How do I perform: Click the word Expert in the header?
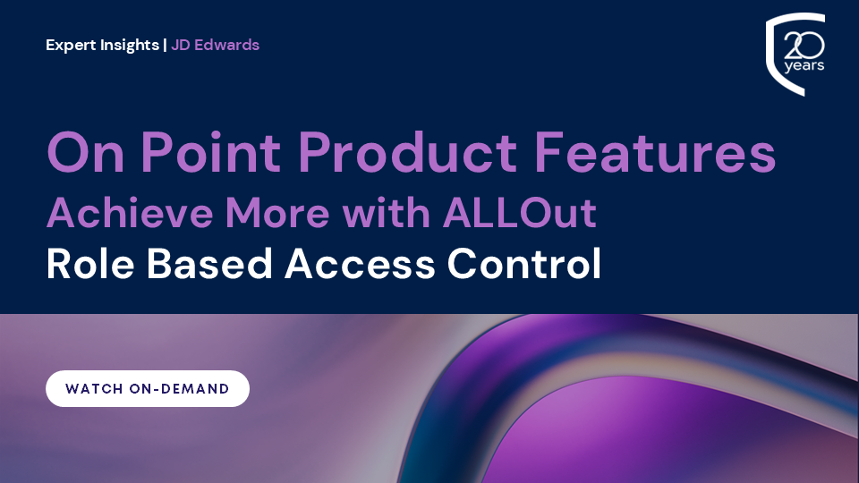(70, 46)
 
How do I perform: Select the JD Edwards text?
(216, 45)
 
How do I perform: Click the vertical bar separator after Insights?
(165, 45)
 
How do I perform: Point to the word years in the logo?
(804, 66)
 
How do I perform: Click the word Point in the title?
(211, 152)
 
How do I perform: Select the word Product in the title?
(407, 152)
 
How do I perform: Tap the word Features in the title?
(655, 152)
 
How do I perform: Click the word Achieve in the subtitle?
(130, 213)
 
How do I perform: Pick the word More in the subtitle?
(277, 213)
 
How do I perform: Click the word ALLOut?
(520, 213)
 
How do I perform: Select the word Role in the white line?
(90, 264)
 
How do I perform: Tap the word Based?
(209, 264)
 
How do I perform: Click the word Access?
(360, 265)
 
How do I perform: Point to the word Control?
(524, 264)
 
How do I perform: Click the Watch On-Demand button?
(148, 388)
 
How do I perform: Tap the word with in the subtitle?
(387, 213)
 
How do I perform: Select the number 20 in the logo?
(804, 46)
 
